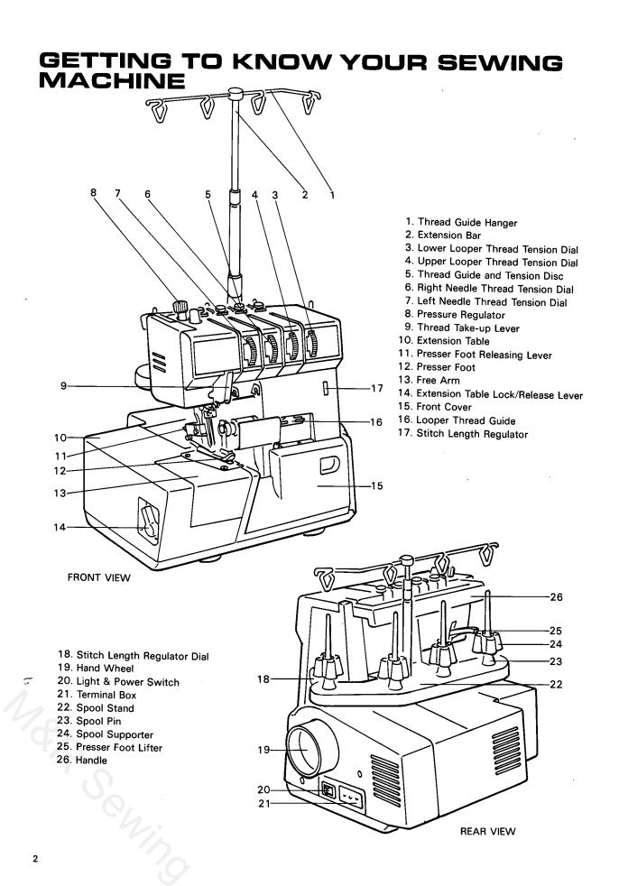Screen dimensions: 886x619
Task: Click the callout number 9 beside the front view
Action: click(x=63, y=386)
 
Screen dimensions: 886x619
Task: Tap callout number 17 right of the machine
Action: click(x=377, y=389)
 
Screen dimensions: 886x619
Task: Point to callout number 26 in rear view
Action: click(x=556, y=596)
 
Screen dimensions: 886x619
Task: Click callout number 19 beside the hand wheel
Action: click(x=263, y=750)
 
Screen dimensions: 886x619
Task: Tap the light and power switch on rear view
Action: click(x=329, y=792)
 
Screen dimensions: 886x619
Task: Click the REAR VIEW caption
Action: click(x=487, y=833)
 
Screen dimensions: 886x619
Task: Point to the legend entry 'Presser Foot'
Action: click(x=445, y=368)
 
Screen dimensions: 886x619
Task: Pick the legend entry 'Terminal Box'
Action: click(x=97, y=695)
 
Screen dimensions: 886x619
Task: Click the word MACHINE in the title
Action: click(x=112, y=82)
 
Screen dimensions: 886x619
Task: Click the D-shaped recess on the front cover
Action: click(x=328, y=466)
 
